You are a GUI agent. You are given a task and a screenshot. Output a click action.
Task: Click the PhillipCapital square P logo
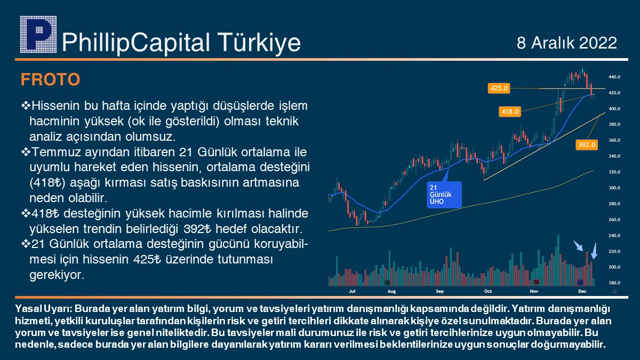(x=38, y=35)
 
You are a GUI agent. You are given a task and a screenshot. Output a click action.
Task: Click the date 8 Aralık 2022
(x=567, y=43)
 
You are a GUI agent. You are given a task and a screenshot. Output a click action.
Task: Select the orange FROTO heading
(x=50, y=79)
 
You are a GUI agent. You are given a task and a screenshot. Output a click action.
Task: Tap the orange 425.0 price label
(x=499, y=89)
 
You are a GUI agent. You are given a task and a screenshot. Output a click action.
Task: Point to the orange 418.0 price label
(x=510, y=111)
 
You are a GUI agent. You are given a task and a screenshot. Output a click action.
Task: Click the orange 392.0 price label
(x=587, y=145)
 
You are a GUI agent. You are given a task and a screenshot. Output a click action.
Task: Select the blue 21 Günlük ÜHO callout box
(x=444, y=195)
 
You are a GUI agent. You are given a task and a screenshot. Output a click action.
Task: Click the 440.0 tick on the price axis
(x=614, y=77)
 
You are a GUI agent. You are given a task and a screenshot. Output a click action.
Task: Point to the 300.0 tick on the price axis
(x=614, y=188)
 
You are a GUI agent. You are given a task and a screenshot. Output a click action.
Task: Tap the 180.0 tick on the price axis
(x=614, y=283)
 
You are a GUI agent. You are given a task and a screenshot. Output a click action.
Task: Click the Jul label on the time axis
(x=352, y=291)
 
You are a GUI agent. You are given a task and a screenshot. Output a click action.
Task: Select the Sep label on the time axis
(x=439, y=291)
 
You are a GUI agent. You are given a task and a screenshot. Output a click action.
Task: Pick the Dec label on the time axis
(x=582, y=291)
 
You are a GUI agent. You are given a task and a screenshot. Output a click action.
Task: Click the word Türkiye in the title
(x=259, y=43)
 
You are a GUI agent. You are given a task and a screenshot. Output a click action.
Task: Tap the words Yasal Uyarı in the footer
(x=44, y=309)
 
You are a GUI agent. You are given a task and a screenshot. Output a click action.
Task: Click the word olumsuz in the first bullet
(x=150, y=137)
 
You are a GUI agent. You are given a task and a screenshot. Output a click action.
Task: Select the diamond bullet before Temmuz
(x=26, y=151)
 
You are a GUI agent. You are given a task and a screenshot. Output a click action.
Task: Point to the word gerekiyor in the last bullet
(x=57, y=275)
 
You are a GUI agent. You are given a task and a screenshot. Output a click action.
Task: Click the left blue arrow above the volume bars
(x=578, y=246)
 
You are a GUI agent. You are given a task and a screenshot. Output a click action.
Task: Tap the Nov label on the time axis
(x=534, y=291)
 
